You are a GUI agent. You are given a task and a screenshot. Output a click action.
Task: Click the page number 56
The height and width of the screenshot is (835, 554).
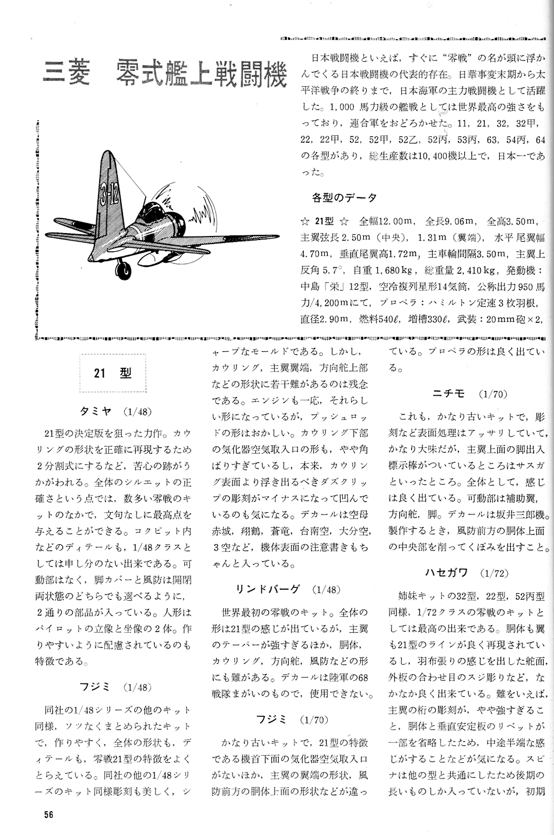pyautogui.click(x=49, y=814)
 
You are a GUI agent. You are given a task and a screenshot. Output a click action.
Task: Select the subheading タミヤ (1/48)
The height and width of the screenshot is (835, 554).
pyautogui.click(x=115, y=411)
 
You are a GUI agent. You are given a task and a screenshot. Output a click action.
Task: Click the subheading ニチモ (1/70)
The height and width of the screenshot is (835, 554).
pyautogui.click(x=469, y=394)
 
